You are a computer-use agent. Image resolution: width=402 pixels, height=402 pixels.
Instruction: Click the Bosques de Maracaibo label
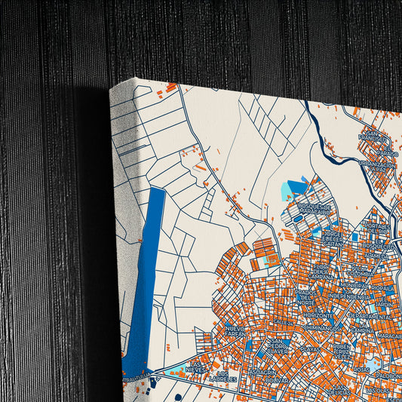(x=316, y=208)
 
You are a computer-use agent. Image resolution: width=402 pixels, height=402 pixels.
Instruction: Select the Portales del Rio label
(x=378, y=226)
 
